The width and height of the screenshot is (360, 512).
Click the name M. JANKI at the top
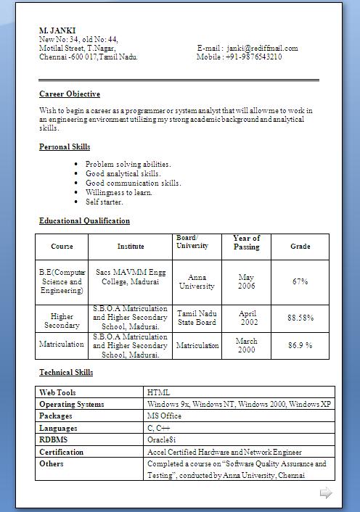[57, 30]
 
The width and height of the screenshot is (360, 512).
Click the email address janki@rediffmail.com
[262, 49]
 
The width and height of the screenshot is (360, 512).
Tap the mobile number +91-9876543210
[253, 57]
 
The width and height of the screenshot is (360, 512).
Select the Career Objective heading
[70, 94]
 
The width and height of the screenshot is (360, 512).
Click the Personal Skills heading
[65, 147]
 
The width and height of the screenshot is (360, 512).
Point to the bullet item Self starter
[105, 202]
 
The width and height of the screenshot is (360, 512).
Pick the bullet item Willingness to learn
[119, 193]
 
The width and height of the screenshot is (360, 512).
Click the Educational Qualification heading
[84, 221]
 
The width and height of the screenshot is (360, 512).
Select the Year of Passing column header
[246, 243]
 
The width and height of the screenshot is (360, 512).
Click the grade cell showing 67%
[300, 281]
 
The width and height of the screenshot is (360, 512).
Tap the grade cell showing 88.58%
[300, 318]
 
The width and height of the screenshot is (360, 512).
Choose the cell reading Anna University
[197, 281]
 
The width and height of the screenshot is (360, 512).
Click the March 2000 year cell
[246, 345]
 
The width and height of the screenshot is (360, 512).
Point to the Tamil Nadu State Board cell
[197, 318]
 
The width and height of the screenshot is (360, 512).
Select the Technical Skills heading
[66, 373]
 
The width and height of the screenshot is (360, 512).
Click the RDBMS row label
[53, 439]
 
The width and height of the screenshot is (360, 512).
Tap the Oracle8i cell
[161, 439]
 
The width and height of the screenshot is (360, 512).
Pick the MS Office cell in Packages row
[164, 416]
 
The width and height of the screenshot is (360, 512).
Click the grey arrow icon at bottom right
[326, 493]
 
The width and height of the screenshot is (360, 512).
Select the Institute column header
[131, 247]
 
